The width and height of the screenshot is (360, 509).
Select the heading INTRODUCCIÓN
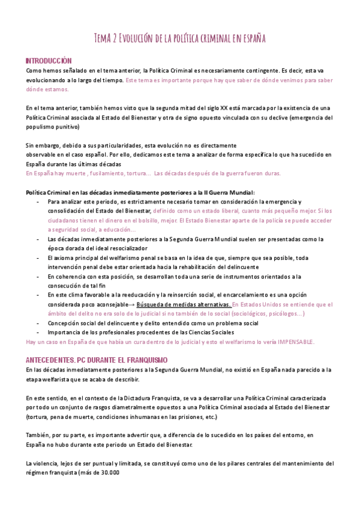coord(48,61)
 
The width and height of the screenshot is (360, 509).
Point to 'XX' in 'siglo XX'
coord(224,107)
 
